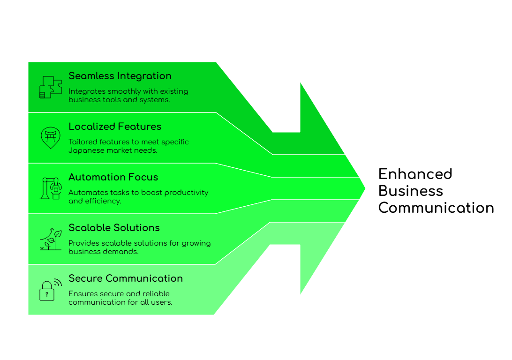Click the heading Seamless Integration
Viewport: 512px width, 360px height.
(x=120, y=76)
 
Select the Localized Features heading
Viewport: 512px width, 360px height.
(x=114, y=127)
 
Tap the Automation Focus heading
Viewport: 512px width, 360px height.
(x=113, y=177)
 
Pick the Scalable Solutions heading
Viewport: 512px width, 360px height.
(x=114, y=228)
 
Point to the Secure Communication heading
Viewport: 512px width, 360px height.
(x=125, y=278)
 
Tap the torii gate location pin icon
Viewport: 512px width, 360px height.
(x=51, y=137)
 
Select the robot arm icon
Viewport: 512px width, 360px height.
(x=51, y=188)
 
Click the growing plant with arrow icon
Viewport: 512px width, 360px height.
(x=51, y=239)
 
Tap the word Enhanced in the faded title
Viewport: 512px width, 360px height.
(x=415, y=174)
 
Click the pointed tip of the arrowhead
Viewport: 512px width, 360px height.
(x=365, y=188)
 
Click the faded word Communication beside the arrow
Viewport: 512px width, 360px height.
(x=436, y=208)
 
